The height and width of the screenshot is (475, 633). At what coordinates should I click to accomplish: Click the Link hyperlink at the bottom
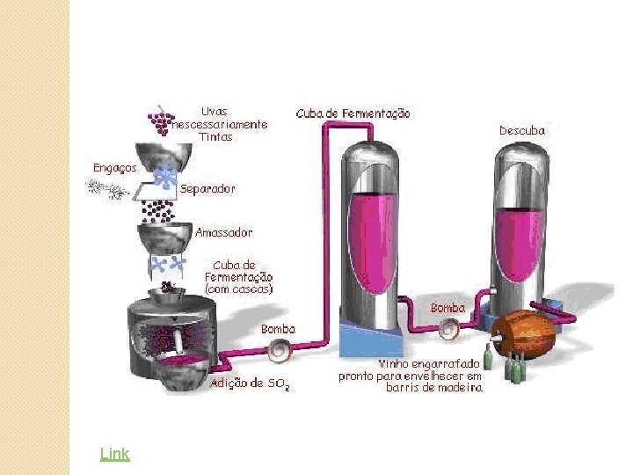click(114, 454)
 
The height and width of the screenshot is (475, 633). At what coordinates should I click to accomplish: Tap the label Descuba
click(522, 130)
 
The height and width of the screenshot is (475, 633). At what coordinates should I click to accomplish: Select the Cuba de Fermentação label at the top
click(353, 113)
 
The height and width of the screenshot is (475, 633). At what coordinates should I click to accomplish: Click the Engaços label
click(114, 167)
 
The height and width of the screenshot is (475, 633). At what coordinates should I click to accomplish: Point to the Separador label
click(207, 188)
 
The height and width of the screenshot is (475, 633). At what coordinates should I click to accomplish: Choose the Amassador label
click(223, 232)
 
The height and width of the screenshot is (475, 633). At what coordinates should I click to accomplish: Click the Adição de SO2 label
click(251, 384)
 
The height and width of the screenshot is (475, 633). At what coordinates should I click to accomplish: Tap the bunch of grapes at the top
click(161, 120)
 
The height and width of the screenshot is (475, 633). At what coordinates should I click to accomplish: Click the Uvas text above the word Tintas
click(214, 112)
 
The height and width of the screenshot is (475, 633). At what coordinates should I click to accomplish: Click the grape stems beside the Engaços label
click(105, 186)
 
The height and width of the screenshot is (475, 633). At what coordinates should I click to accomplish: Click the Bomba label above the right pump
click(447, 308)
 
